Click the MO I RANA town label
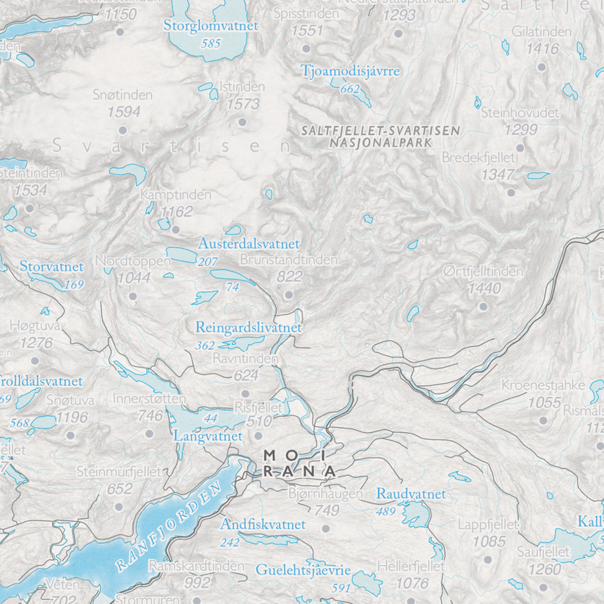coord(299,463)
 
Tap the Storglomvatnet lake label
coord(211,26)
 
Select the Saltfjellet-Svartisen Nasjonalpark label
coord(380,136)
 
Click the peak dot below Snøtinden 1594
coord(122,131)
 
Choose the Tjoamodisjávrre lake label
coord(351,71)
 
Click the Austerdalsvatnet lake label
coord(249,243)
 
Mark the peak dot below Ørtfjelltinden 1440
coord(484,307)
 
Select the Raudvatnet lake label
coord(411,495)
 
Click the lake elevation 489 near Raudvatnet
coord(385,512)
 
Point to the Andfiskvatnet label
coord(262,525)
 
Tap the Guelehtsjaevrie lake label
coord(304,570)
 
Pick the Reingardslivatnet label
coord(249,327)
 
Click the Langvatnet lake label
coord(208,436)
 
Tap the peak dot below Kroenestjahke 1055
coord(543,421)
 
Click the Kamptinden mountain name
coord(175,195)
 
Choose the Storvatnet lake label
coord(51,266)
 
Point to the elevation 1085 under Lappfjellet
coord(490,542)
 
